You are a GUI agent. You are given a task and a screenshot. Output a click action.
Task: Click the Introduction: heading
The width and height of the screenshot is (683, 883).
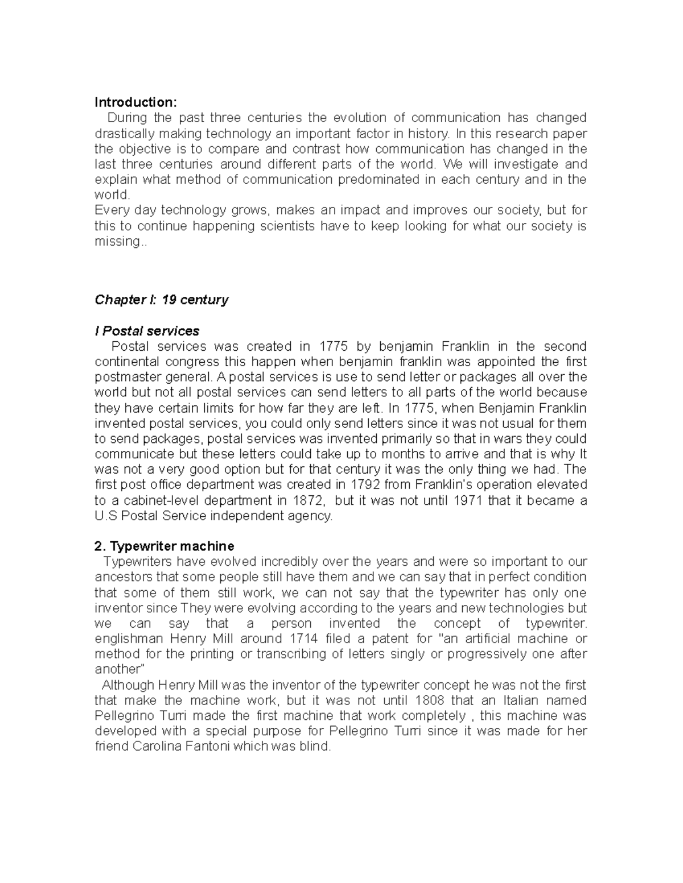[x=135, y=102]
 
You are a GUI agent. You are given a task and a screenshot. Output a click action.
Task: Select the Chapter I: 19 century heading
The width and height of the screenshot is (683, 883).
[x=161, y=300]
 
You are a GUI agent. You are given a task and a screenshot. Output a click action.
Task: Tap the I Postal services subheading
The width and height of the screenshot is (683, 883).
[x=147, y=331]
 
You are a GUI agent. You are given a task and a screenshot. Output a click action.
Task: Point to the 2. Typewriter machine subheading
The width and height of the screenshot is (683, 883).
[x=164, y=546]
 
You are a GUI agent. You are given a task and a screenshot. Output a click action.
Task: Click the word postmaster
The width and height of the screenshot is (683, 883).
[x=124, y=377]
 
